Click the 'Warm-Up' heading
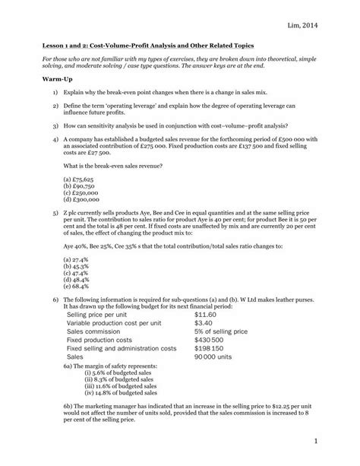(43, 78)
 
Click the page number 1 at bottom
(333, 441)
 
